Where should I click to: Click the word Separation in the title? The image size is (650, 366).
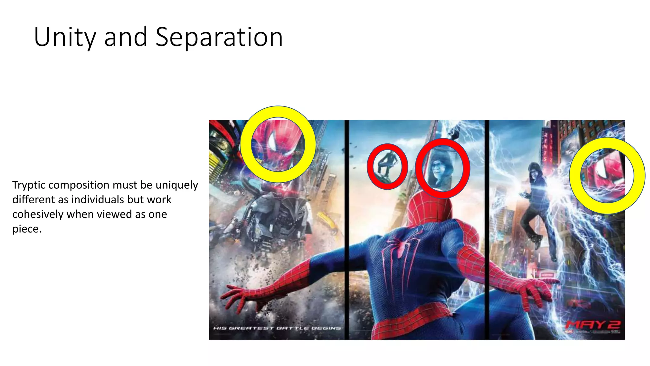pyautogui.click(x=219, y=37)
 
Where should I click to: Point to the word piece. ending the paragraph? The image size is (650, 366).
pyautogui.click(x=27, y=229)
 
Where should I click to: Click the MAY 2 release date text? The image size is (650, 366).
pyautogui.click(x=593, y=325)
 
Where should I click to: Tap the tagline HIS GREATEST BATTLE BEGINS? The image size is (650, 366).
pyautogui.click(x=277, y=328)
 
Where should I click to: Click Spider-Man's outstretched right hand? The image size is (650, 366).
pyautogui.click(x=536, y=288)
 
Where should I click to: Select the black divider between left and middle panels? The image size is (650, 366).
pyautogui.click(x=347, y=229)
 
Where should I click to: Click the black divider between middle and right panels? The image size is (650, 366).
pyautogui.click(x=487, y=229)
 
